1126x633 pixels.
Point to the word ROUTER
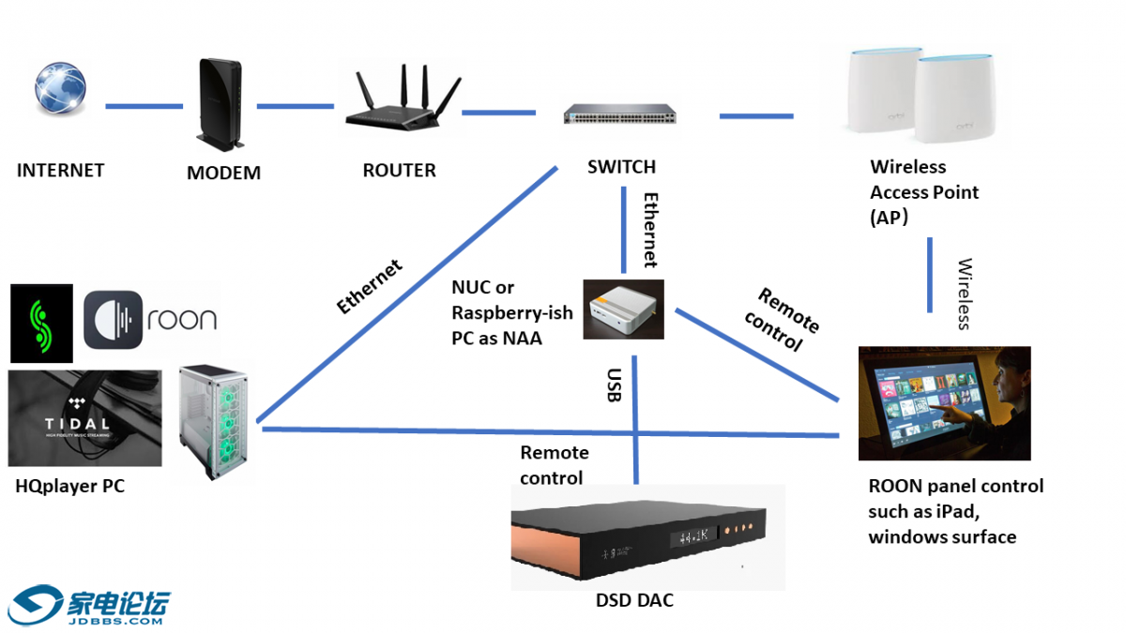[400, 171]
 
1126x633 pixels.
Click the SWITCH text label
[621, 168]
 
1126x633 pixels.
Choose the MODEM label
[223, 173]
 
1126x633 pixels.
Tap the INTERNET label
[61, 171]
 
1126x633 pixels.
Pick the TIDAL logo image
[84, 418]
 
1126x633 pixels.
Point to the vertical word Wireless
[964, 294]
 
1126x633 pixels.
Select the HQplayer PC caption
[69, 487]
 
